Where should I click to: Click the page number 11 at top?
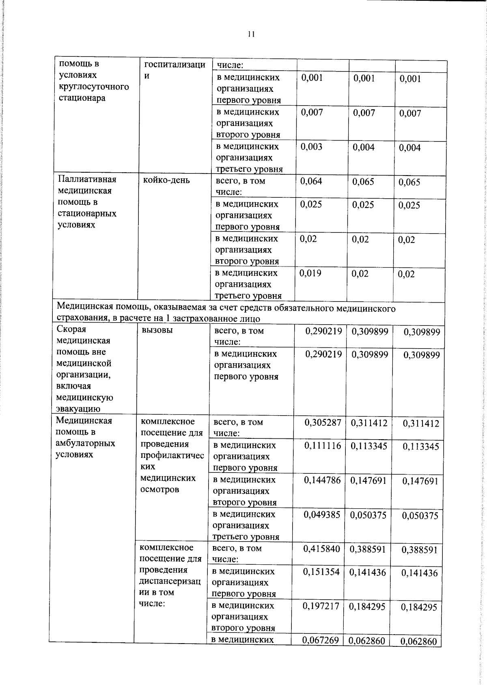251,35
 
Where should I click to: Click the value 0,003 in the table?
311,147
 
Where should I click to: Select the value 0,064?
311,182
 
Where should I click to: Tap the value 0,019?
310,273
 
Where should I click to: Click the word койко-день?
166,180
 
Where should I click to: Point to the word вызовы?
157,330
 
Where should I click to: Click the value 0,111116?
323,446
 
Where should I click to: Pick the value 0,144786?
323,480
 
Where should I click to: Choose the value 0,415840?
321,549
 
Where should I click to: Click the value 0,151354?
321,572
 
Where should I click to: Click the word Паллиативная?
87,180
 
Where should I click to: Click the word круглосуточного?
94,87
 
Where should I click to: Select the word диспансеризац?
170,581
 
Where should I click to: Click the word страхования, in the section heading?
84,319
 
